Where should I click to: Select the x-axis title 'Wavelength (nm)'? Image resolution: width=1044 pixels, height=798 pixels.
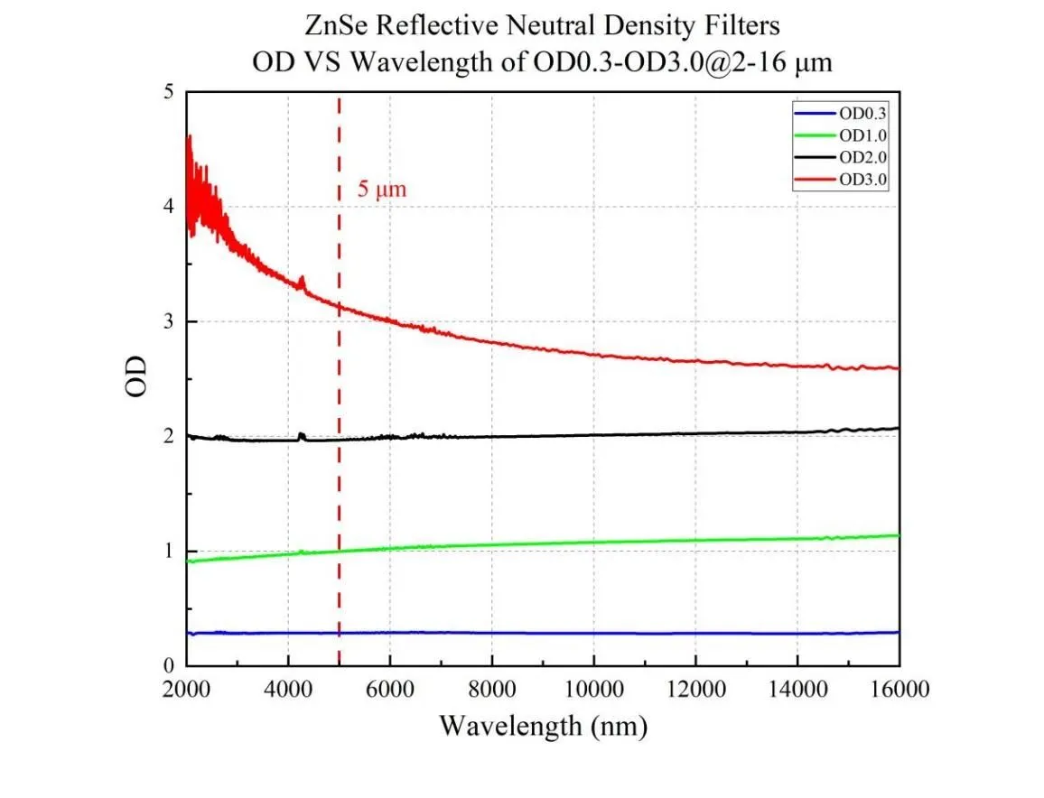click(x=542, y=726)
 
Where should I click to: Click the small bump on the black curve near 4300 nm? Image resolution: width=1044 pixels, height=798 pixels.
click(x=302, y=436)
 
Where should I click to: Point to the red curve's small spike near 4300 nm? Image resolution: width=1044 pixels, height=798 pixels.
click(x=302, y=283)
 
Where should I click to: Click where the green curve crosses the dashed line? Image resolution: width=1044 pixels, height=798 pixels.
click(x=339, y=551)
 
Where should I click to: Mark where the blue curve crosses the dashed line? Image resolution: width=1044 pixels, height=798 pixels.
click(x=339, y=633)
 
